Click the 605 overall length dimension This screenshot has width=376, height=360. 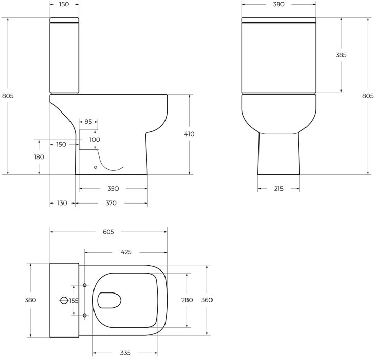coord(108,232)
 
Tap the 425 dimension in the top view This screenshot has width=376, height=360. coord(126,252)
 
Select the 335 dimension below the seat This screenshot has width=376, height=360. coord(125,353)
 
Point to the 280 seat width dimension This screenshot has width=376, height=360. coord(187,300)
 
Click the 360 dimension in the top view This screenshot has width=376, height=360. coord(207,300)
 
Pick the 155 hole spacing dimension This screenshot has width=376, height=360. coord(74,301)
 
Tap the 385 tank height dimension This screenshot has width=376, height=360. coord(341,55)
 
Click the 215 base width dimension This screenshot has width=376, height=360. coord(278,189)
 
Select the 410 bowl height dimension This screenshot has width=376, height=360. coord(189,134)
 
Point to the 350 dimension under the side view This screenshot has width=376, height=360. coord(113,189)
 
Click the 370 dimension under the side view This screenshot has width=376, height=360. coord(111,203)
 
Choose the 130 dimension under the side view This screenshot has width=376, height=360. coord(62,203)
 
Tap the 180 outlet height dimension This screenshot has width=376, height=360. coord(39,157)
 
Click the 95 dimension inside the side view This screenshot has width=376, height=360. coord(88,122)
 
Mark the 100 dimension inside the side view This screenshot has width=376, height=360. coord(95,140)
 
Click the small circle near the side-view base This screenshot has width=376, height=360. coord(96,167)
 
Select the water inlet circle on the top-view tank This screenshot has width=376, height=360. coord(64,300)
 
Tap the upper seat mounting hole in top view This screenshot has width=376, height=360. coord(84,285)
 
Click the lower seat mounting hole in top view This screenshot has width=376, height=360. coord(84,316)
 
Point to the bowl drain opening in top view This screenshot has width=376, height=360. coord(109,300)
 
